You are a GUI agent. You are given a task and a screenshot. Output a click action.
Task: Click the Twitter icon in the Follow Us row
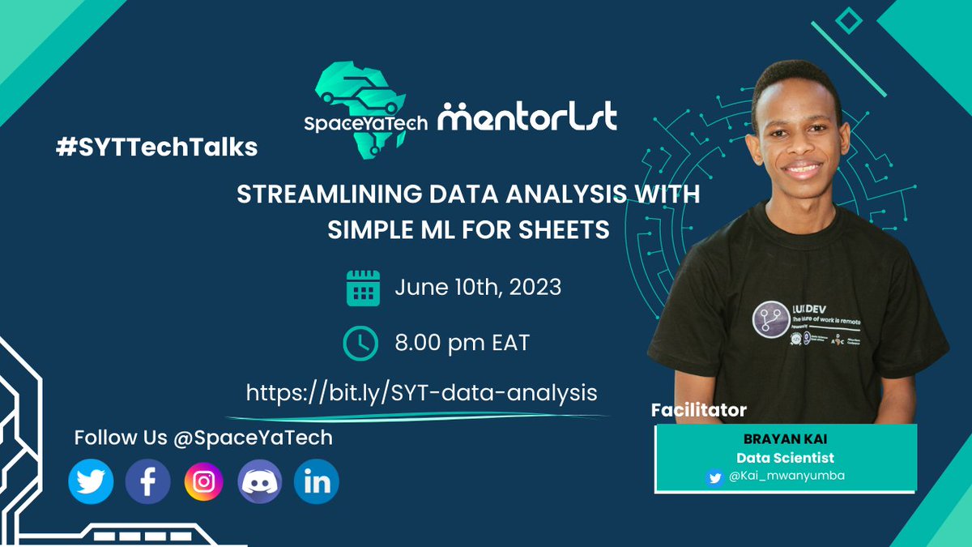click(x=92, y=483)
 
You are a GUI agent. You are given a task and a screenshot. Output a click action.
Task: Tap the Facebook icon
click(x=148, y=483)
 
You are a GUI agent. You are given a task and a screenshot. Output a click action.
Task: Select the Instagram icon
click(x=204, y=483)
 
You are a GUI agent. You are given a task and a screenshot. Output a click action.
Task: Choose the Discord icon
click(x=260, y=483)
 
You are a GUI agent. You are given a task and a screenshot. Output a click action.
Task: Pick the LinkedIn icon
click(x=316, y=483)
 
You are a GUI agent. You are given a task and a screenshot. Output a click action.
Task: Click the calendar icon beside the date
click(x=364, y=288)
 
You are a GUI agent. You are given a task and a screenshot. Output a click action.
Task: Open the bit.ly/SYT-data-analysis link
click(x=422, y=393)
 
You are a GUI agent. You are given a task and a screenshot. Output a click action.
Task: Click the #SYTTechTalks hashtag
click(x=157, y=147)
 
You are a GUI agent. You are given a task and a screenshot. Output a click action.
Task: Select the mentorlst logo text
click(x=527, y=117)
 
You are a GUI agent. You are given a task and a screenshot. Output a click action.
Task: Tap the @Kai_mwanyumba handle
click(x=786, y=476)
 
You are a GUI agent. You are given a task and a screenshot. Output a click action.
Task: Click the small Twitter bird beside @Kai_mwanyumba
click(x=714, y=477)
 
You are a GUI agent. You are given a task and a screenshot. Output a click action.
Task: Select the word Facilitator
click(x=699, y=410)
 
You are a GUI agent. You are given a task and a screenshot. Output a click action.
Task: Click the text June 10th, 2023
click(x=478, y=288)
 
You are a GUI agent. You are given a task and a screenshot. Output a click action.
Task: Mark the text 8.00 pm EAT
click(x=463, y=343)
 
